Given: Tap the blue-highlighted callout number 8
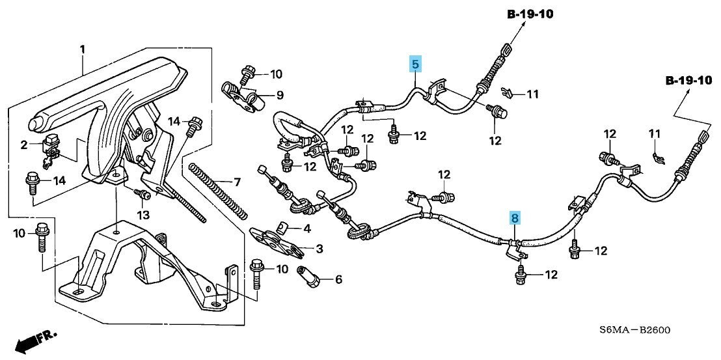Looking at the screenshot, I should [515, 218].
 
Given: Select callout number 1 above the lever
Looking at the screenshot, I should [83, 50].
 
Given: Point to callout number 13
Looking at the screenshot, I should [143, 214].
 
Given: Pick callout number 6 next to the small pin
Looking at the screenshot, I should [338, 279].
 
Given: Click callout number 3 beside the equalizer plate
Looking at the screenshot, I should [319, 249].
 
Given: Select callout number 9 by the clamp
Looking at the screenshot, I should [279, 95].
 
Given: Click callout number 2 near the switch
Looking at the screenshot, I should [24, 145].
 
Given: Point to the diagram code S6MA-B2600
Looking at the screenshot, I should [634, 331].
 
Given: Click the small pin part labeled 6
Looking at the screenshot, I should [308, 276].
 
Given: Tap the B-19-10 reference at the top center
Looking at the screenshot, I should [528, 15].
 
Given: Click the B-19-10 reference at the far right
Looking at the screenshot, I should [688, 81].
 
